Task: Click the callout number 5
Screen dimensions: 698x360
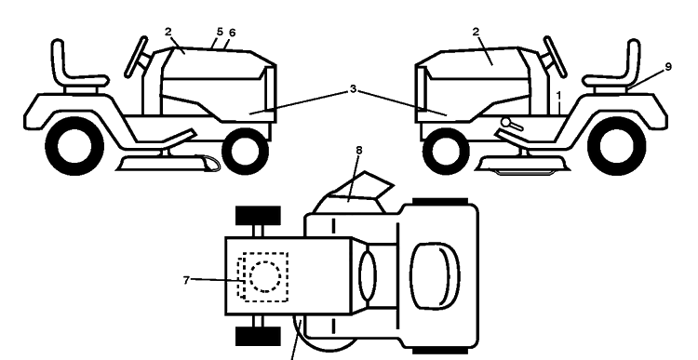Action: (x=220, y=32)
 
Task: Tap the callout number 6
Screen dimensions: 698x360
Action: (x=232, y=33)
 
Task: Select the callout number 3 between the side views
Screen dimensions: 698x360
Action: (x=353, y=89)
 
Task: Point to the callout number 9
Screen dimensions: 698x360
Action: (x=667, y=67)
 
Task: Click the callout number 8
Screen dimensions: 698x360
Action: (x=359, y=151)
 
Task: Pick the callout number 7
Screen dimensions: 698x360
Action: (x=186, y=280)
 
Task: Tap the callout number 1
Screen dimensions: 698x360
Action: (x=559, y=96)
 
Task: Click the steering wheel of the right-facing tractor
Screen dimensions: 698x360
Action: (x=136, y=57)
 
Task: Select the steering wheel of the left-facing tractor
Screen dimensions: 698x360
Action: (x=555, y=57)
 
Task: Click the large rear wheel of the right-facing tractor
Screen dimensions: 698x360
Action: (x=74, y=146)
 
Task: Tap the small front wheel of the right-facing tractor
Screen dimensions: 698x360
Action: (x=245, y=152)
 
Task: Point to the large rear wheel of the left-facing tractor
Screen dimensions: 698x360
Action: (x=616, y=146)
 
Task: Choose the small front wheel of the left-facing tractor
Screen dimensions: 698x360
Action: (x=446, y=152)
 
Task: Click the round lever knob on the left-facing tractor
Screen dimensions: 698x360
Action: (x=505, y=122)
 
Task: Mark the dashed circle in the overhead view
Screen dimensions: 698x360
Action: (x=265, y=277)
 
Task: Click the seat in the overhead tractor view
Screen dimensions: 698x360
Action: (x=435, y=276)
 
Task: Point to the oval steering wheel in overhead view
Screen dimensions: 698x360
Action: (x=368, y=276)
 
